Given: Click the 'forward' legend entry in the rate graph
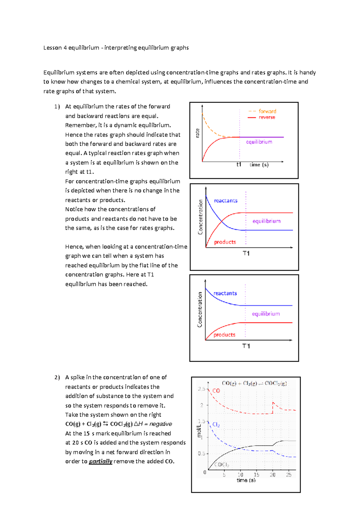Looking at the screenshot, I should (267, 111).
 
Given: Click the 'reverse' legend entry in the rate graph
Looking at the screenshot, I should (267, 117).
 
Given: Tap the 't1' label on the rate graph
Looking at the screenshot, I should (239, 164).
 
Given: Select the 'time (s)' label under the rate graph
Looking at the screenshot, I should (259, 164).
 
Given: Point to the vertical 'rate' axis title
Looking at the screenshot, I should (197, 133).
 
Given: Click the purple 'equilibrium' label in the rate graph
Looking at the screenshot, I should (259, 142).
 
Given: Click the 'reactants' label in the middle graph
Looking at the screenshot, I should (226, 200).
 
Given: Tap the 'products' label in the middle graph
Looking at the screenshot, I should (225, 242).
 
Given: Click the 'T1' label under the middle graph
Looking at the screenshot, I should (246, 254).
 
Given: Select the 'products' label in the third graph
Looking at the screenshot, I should (224, 335).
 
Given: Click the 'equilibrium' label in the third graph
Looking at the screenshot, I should (266, 314).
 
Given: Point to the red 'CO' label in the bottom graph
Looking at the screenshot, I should (216, 391).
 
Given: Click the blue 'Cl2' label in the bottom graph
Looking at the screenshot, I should (216, 425).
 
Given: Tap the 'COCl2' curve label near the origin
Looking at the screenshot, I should (222, 465).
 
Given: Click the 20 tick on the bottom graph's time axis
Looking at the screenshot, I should (272, 475).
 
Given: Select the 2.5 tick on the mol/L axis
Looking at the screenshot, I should (201, 389).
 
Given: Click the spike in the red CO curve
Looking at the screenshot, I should (273, 403).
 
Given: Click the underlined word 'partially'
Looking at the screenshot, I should (100, 461).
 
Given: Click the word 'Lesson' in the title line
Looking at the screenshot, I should (52, 48).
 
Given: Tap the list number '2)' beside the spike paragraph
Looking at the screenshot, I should (57, 377).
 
